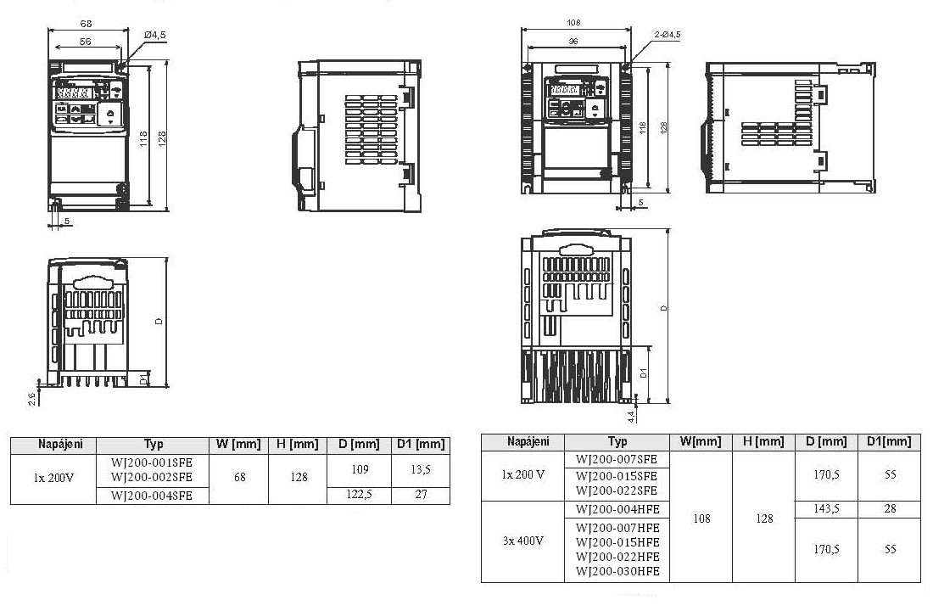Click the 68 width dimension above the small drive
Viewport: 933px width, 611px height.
(x=86, y=23)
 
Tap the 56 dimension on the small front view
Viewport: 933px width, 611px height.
(x=86, y=41)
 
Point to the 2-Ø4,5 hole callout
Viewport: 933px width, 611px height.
(x=667, y=34)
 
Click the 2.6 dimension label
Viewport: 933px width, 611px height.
(x=32, y=398)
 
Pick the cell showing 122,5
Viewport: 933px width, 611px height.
(x=359, y=496)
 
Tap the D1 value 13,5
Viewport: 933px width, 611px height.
(x=420, y=469)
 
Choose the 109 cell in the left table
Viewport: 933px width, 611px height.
(x=359, y=469)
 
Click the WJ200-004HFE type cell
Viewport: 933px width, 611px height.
(x=617, y=509)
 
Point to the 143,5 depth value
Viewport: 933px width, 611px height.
(x=826, y=509)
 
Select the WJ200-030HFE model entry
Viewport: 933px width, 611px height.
(x=617, y=572)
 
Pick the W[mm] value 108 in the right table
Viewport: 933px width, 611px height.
(x=701, y=518)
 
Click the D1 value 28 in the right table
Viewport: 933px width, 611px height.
(x=890, y=509)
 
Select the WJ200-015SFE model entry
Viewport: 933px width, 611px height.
(x=617, y=475)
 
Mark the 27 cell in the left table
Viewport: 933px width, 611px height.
(x=420, y=496)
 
